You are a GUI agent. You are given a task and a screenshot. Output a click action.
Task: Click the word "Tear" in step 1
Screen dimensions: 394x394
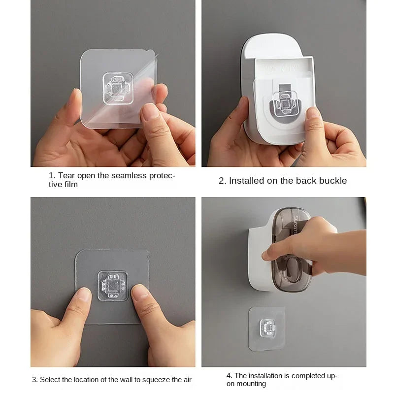[66, 176]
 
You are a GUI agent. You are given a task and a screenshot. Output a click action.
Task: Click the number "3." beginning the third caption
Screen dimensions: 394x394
[35, 380]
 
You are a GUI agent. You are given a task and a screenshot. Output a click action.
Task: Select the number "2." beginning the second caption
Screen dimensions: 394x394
[223, 181]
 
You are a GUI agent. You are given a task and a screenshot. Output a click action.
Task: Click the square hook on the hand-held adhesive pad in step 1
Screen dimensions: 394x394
[118, 89]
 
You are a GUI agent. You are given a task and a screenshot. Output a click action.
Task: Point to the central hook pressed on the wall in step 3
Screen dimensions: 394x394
[112, 286]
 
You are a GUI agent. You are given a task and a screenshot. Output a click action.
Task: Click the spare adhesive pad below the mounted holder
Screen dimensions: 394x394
[267, 328]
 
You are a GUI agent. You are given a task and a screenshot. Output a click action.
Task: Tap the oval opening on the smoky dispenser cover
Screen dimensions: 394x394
[292, 268]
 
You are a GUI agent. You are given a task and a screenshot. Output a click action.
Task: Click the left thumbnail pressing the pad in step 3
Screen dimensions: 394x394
[84, 295]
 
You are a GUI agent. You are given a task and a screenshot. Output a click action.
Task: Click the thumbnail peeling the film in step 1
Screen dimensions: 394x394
[150, 111]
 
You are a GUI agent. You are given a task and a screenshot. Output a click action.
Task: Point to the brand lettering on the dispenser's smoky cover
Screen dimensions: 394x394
[296, 225]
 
